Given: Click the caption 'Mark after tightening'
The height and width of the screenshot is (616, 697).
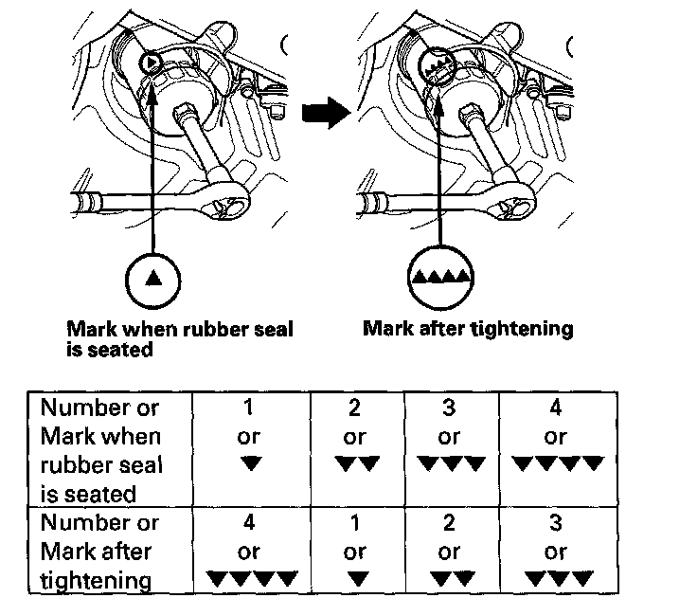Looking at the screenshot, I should [468, 329].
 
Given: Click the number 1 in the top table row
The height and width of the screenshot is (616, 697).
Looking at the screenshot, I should [250, 409].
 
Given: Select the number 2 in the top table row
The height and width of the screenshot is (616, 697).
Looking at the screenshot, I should [355, 409].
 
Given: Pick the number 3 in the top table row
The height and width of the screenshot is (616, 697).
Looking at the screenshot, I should [449, 409].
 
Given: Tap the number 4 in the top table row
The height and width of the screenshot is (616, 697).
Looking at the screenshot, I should [556, 409].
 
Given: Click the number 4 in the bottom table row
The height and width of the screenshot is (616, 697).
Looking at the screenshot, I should [250, 523].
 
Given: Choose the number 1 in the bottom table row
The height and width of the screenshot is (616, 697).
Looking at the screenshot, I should [355, 523].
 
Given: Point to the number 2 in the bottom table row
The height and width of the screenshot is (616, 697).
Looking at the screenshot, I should [449, 523].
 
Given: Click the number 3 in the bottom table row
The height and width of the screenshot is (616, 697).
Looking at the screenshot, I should [556, 523].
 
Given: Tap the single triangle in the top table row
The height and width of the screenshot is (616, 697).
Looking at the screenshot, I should [250, 463].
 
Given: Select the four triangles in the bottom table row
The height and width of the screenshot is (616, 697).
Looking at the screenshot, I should [251, 577].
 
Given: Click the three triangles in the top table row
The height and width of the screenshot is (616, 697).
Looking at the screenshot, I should [450, 463].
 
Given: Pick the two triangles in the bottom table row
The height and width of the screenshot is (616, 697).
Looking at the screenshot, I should [450, 577].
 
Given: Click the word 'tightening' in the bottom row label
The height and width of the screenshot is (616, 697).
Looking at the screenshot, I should [95, 580].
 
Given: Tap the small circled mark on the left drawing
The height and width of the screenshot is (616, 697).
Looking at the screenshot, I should [151, 64].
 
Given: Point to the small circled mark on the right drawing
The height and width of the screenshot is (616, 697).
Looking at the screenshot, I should [438, 67].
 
